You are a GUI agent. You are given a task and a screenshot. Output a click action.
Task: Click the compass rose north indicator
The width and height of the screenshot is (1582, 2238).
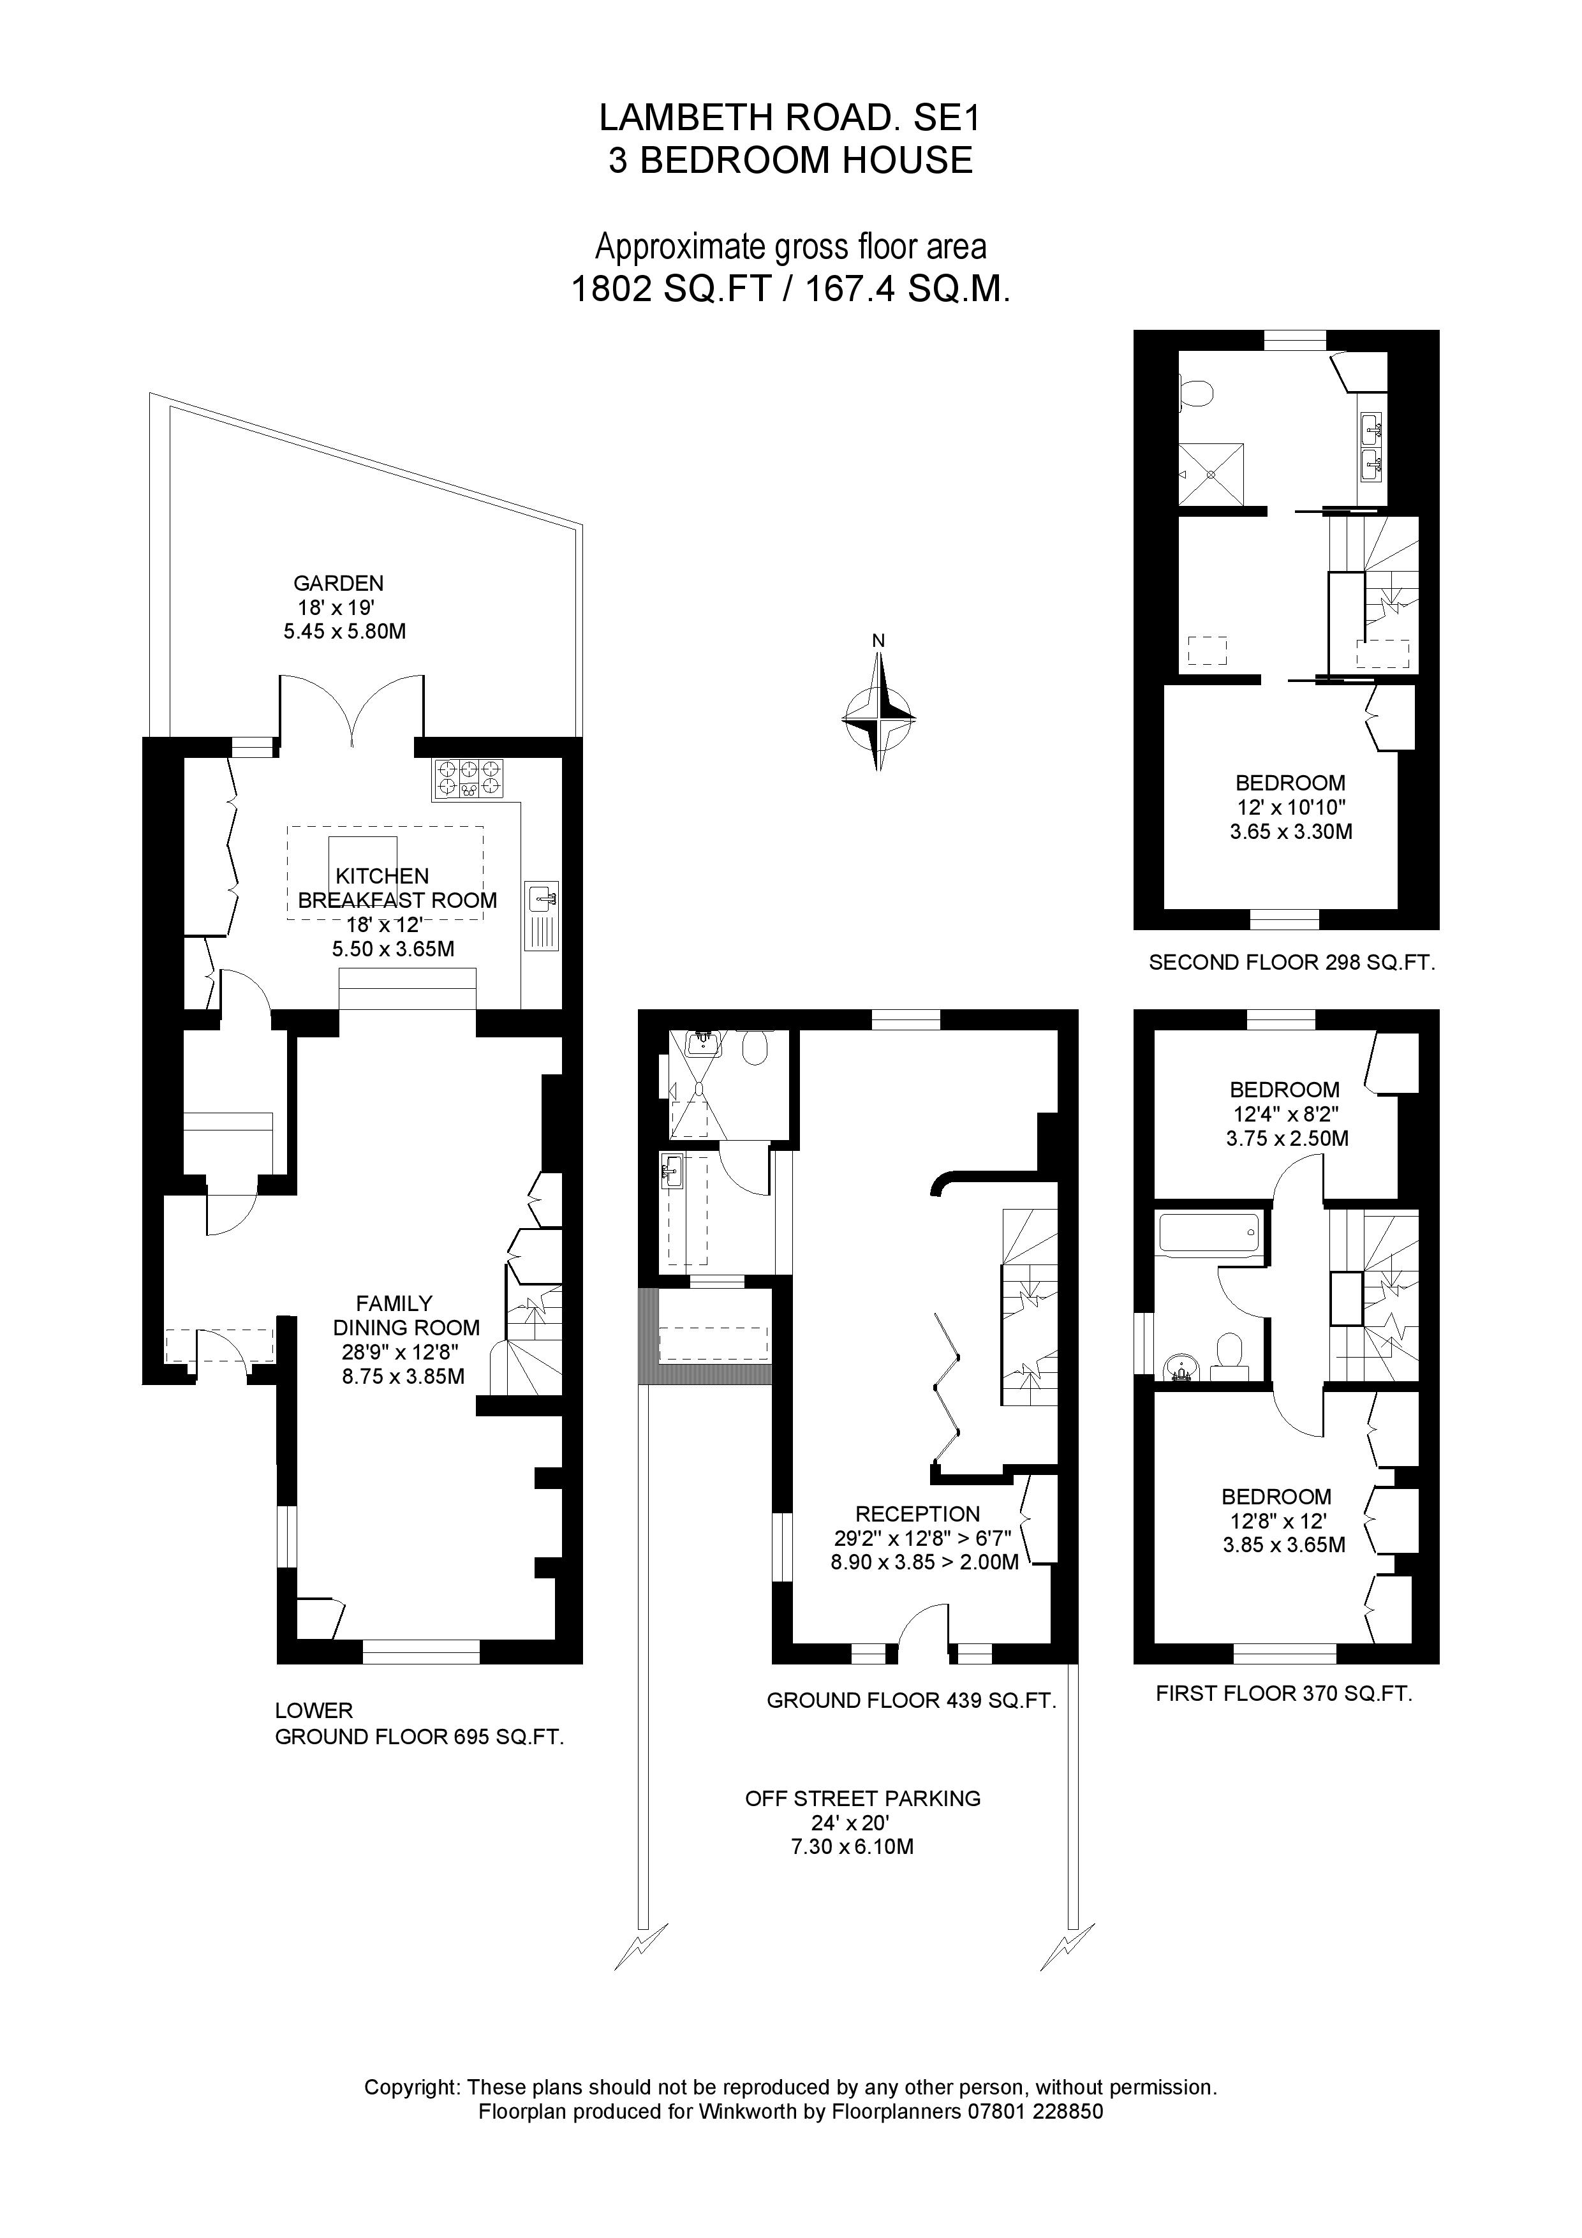pyautogui.click(x=878, y=641)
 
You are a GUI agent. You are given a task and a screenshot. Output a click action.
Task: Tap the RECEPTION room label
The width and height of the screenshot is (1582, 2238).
pyautogui.click(x=917, y=1514)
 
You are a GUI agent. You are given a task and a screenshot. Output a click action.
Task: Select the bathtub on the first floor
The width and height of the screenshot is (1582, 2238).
pyautogui.click(x=1207, y=1233)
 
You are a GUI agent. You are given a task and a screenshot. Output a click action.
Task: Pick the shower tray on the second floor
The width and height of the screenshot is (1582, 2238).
pyautogui.click(x=1211, y=474)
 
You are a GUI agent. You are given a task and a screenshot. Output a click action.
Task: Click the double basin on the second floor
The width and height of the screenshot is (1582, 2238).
pyautogui.click(x=1372, y=445)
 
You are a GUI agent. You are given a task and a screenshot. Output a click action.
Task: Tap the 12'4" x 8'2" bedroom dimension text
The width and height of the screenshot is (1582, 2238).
pyautogui.click(x=1285, y=1114)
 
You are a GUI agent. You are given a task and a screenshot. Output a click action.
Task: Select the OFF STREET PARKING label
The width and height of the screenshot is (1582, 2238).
pyautogui.click(x=862, y=1798)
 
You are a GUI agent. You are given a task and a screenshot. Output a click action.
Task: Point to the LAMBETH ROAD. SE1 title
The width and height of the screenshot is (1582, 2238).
pyautogui.click(x=790, y=118)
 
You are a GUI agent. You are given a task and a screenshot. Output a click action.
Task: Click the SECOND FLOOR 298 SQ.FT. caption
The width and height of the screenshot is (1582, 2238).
pyautogui.click(x=1292, y=963)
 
